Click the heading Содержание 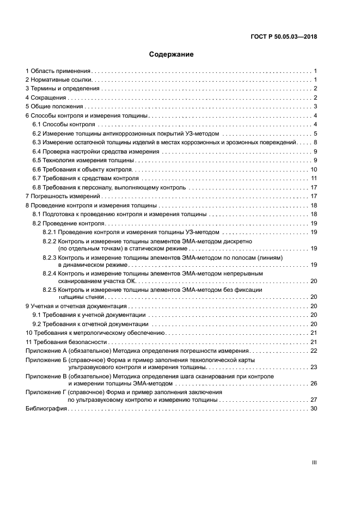[x=172, y=54]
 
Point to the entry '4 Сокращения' [x=47, y=97]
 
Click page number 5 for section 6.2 [x=315, y=133]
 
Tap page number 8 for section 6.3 [x=315, y=142]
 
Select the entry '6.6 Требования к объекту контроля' [x=82, y=169]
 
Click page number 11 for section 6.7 [x=314, y=178]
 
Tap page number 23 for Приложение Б [x=314, y=367]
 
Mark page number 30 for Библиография [x=314, y=409]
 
